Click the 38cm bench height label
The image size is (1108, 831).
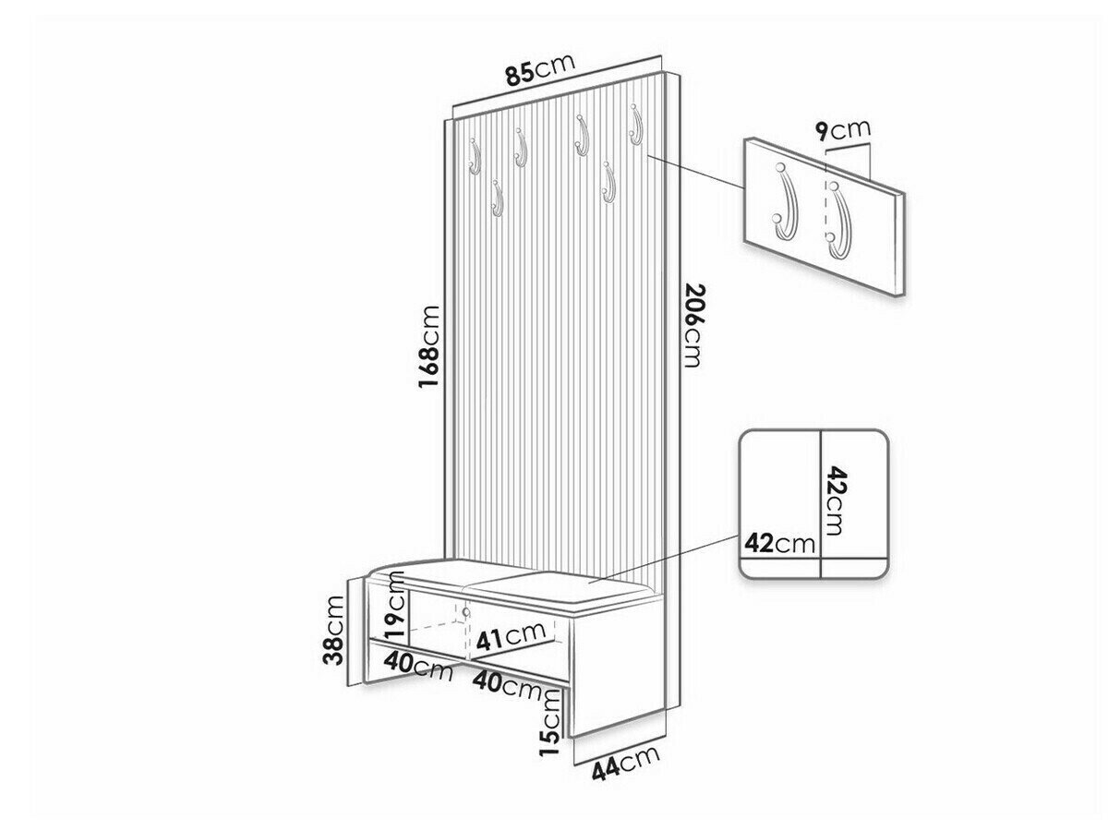click(334, 631)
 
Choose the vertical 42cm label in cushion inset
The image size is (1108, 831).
click(833, 500)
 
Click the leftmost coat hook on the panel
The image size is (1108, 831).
click(121, 156)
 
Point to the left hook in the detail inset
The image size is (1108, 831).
click(785, 200)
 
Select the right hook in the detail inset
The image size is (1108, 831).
click(839, 222)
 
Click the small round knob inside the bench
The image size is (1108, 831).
click(465, 612)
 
